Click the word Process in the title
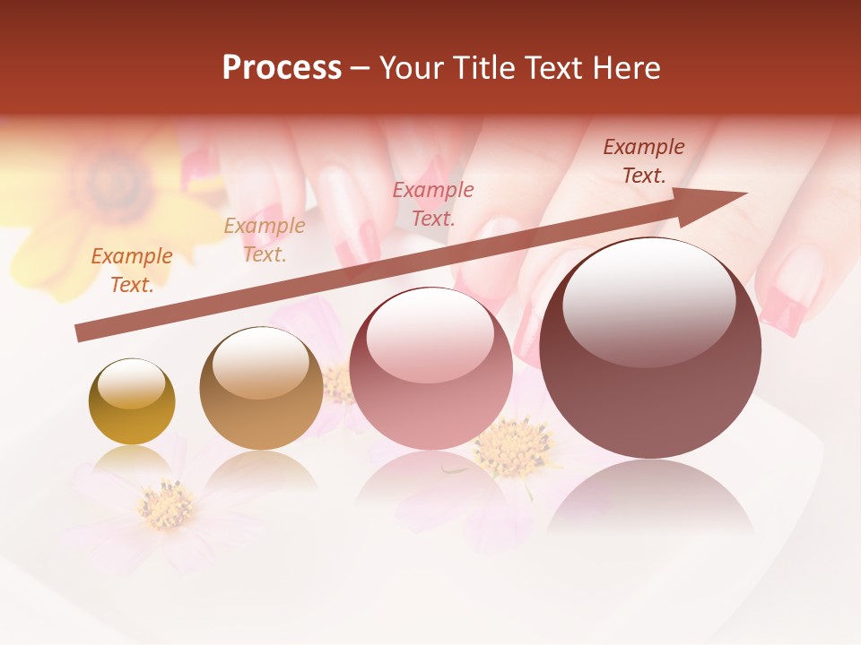[x=282, y=68]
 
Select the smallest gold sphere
[x=132, y=401]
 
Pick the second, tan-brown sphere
[x=261, y=388]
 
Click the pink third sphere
[x=430, y=368]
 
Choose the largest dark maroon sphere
[x=650, y=348]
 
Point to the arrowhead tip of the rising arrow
[x=746, y=193]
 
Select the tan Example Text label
[x=265, y=240]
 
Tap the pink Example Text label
[x=433, y=203]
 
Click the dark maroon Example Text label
[x=643, y=161]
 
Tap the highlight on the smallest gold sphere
[x=131, y=383]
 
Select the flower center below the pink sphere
[x=513, y=444]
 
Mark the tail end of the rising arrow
[x=78, y=333]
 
